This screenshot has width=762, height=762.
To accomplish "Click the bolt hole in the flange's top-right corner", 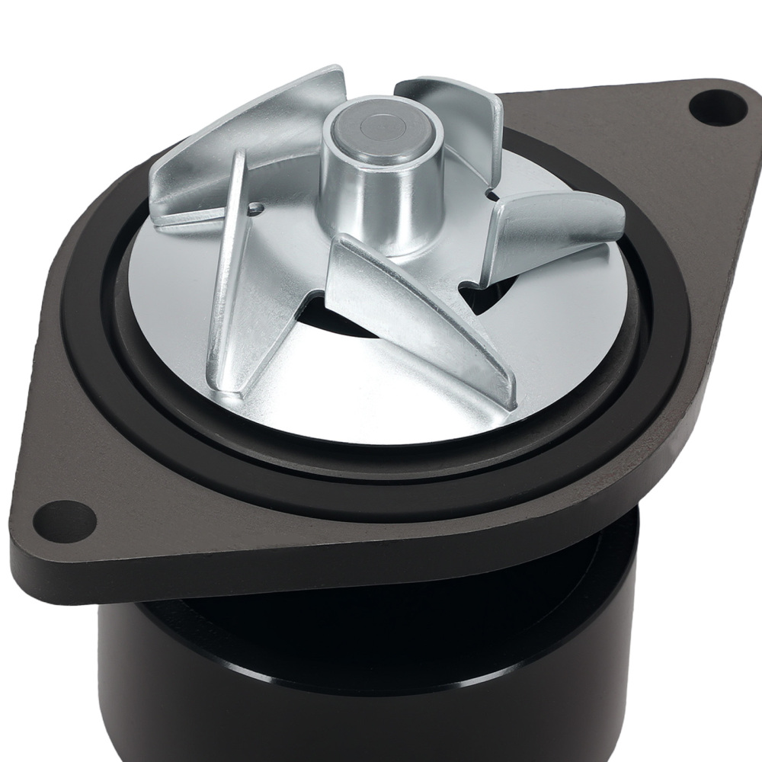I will pos(717,105).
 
